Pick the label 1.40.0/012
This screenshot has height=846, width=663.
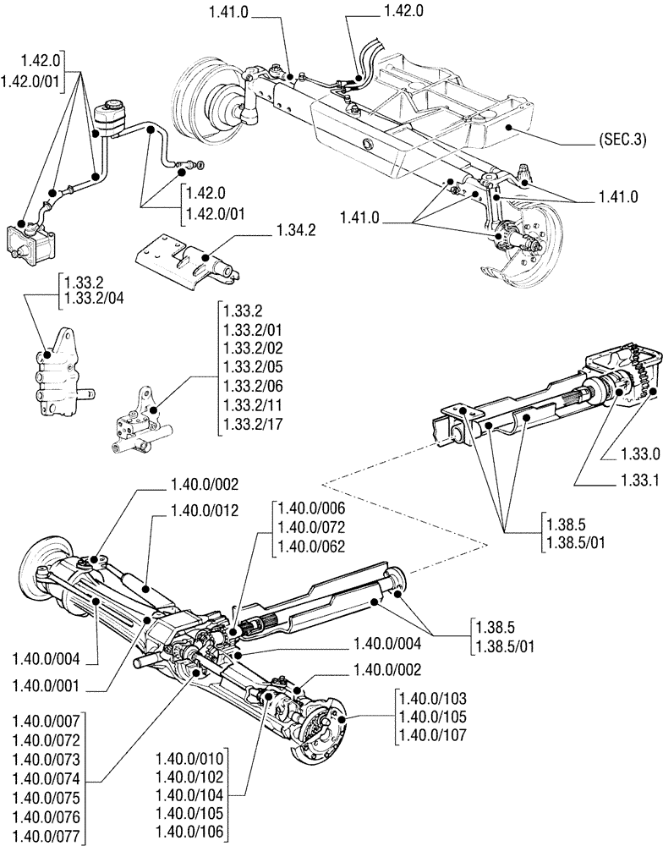[204, 510]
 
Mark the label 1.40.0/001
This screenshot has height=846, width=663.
[47, 684]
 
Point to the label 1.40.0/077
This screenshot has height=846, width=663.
[47, 837]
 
